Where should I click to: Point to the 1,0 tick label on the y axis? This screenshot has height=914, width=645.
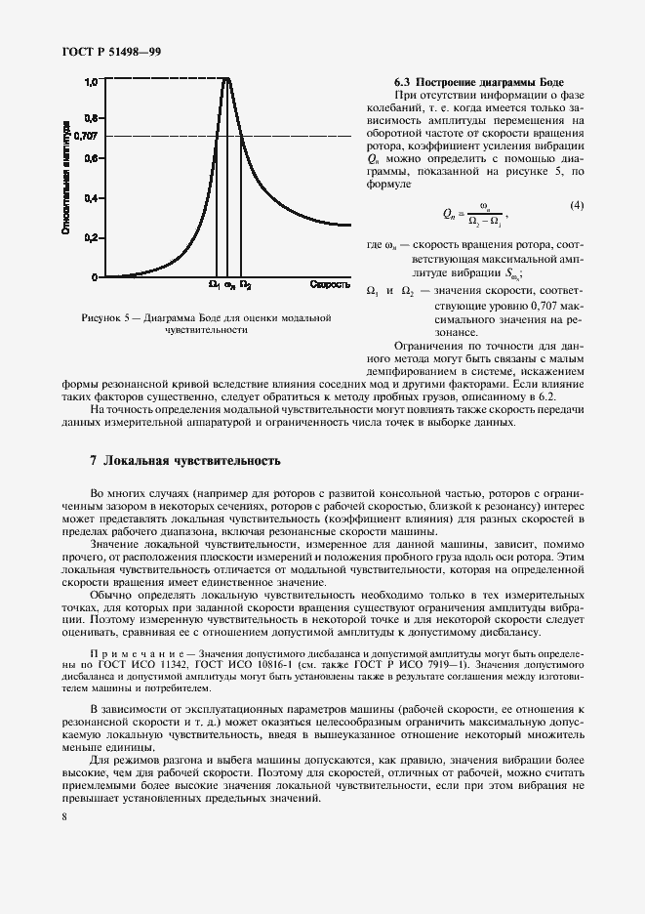(x=90, y=83)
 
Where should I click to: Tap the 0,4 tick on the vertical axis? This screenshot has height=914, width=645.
(x=90, y=198)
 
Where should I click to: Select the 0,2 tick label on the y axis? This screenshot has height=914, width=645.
(x=90, y=237)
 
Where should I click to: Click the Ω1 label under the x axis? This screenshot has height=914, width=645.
(x=214, y=285)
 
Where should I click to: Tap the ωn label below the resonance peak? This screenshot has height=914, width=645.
(x=229, y=285)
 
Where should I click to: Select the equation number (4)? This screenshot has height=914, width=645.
(x=577, y=205)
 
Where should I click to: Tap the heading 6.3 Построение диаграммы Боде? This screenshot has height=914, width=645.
(x=478, y=80)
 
